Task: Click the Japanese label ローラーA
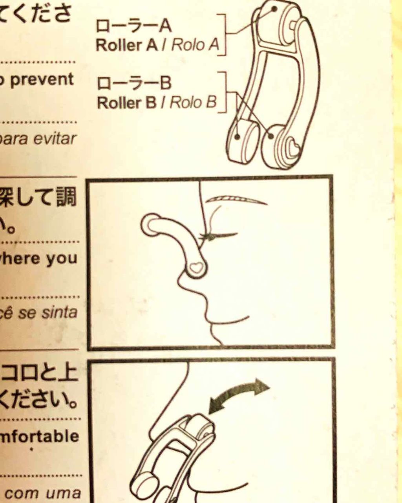pos(133,26)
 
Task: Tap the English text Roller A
pos(126,45)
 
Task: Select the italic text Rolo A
pos(195,45)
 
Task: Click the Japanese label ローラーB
pos(134,83)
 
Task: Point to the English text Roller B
pos(126,103)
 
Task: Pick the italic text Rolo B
pos(193,103)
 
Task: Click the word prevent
pos(42,80)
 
